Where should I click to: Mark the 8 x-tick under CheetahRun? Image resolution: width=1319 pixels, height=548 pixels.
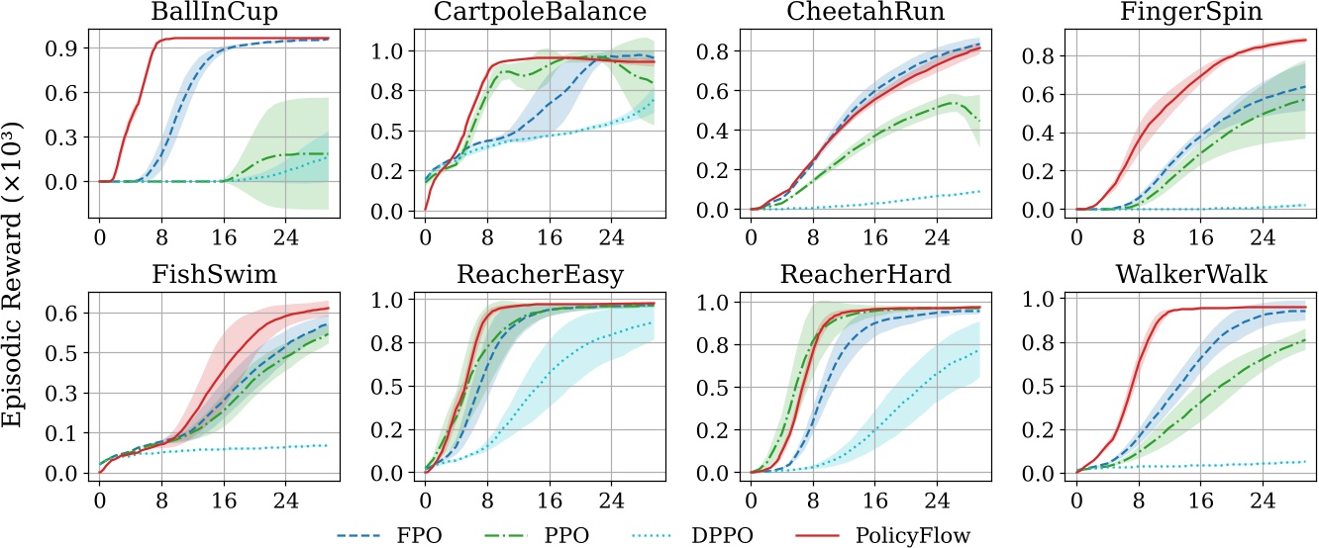(814, 237)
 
